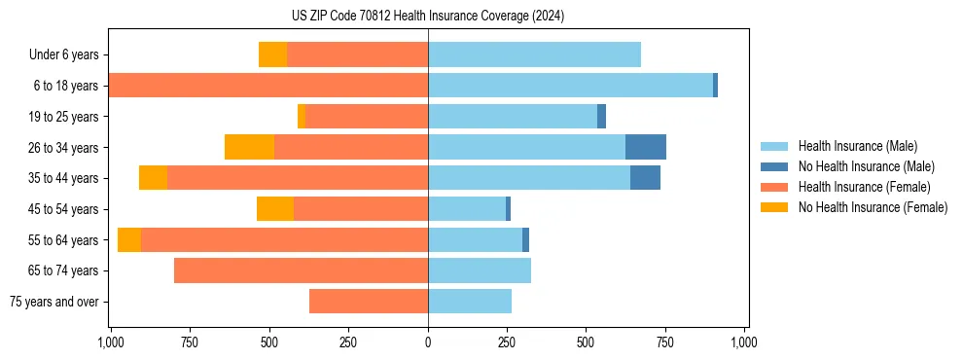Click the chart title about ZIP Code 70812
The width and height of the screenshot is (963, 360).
tap(428, 17)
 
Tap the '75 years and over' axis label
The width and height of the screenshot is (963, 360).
tap(54, 302)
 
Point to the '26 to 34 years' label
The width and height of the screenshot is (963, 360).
tap(64, 147)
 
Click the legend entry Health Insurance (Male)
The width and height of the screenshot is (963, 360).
tap(856, 146)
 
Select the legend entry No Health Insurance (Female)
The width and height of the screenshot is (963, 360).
tap(873, 207)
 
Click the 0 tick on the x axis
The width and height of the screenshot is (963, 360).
tap(428, 342)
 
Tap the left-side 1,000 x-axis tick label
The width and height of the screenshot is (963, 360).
tap(110, 342)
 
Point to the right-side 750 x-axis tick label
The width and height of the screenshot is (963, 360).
tap(665, 342)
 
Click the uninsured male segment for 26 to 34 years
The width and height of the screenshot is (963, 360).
tap(646, 147)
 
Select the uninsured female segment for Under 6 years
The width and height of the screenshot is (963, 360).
tap(272, 54)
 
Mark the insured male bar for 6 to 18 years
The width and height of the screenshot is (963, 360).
tap(570, 86)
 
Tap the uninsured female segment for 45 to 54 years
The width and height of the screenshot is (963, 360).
tap(275, 209)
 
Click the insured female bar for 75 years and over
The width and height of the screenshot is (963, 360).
tap(369, 302)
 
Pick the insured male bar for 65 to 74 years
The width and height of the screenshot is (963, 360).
tap(480, 270)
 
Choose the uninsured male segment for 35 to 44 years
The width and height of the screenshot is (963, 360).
tap(645, 178)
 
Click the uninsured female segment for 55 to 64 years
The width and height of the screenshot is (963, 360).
tap(129, 239)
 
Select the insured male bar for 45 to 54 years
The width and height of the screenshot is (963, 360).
tap(467, 209)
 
